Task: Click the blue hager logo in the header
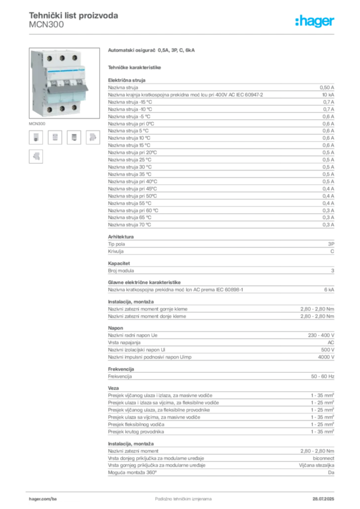tap(315, 22)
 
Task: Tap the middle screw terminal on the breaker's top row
tap(62, 58)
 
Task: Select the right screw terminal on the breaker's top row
tap(74, 58)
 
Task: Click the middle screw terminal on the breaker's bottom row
tap(63, 107)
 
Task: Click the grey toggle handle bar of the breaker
tap(68, 89)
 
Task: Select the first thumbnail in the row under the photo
tap(36, 138)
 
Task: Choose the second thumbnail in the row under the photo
tap(56, 138)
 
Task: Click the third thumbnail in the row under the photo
tap(74, 138)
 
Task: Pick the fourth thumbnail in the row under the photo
tap(92, 138)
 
